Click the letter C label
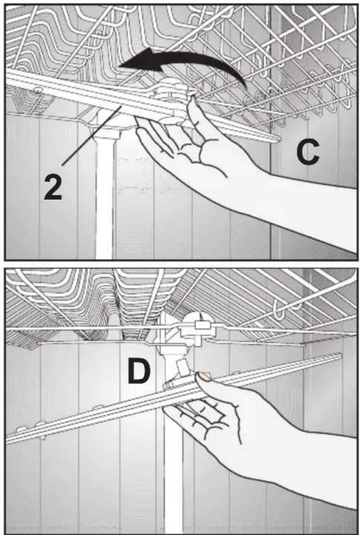pyautogui.click(x=307, y=153)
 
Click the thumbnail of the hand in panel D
pyautogui.click(x=205, y=376)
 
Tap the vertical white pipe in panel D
pyautogui.click(x=173, y=471)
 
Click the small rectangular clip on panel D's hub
pyautogui.click(x=200, y=325)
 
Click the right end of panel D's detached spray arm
pyautogui.click(x=340, y=356)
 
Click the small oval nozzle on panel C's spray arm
pyautogui.click(x=37, y=90)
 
